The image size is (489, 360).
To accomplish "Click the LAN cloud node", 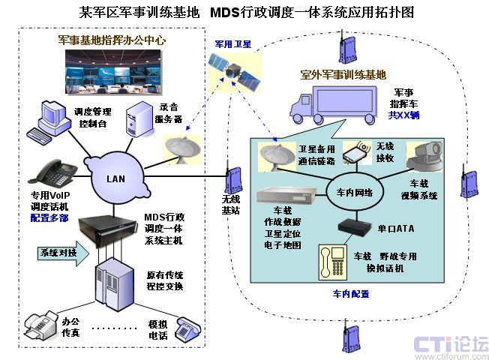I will [x=116, y=178].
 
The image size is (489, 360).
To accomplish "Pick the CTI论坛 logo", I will [x=451, y=345].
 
